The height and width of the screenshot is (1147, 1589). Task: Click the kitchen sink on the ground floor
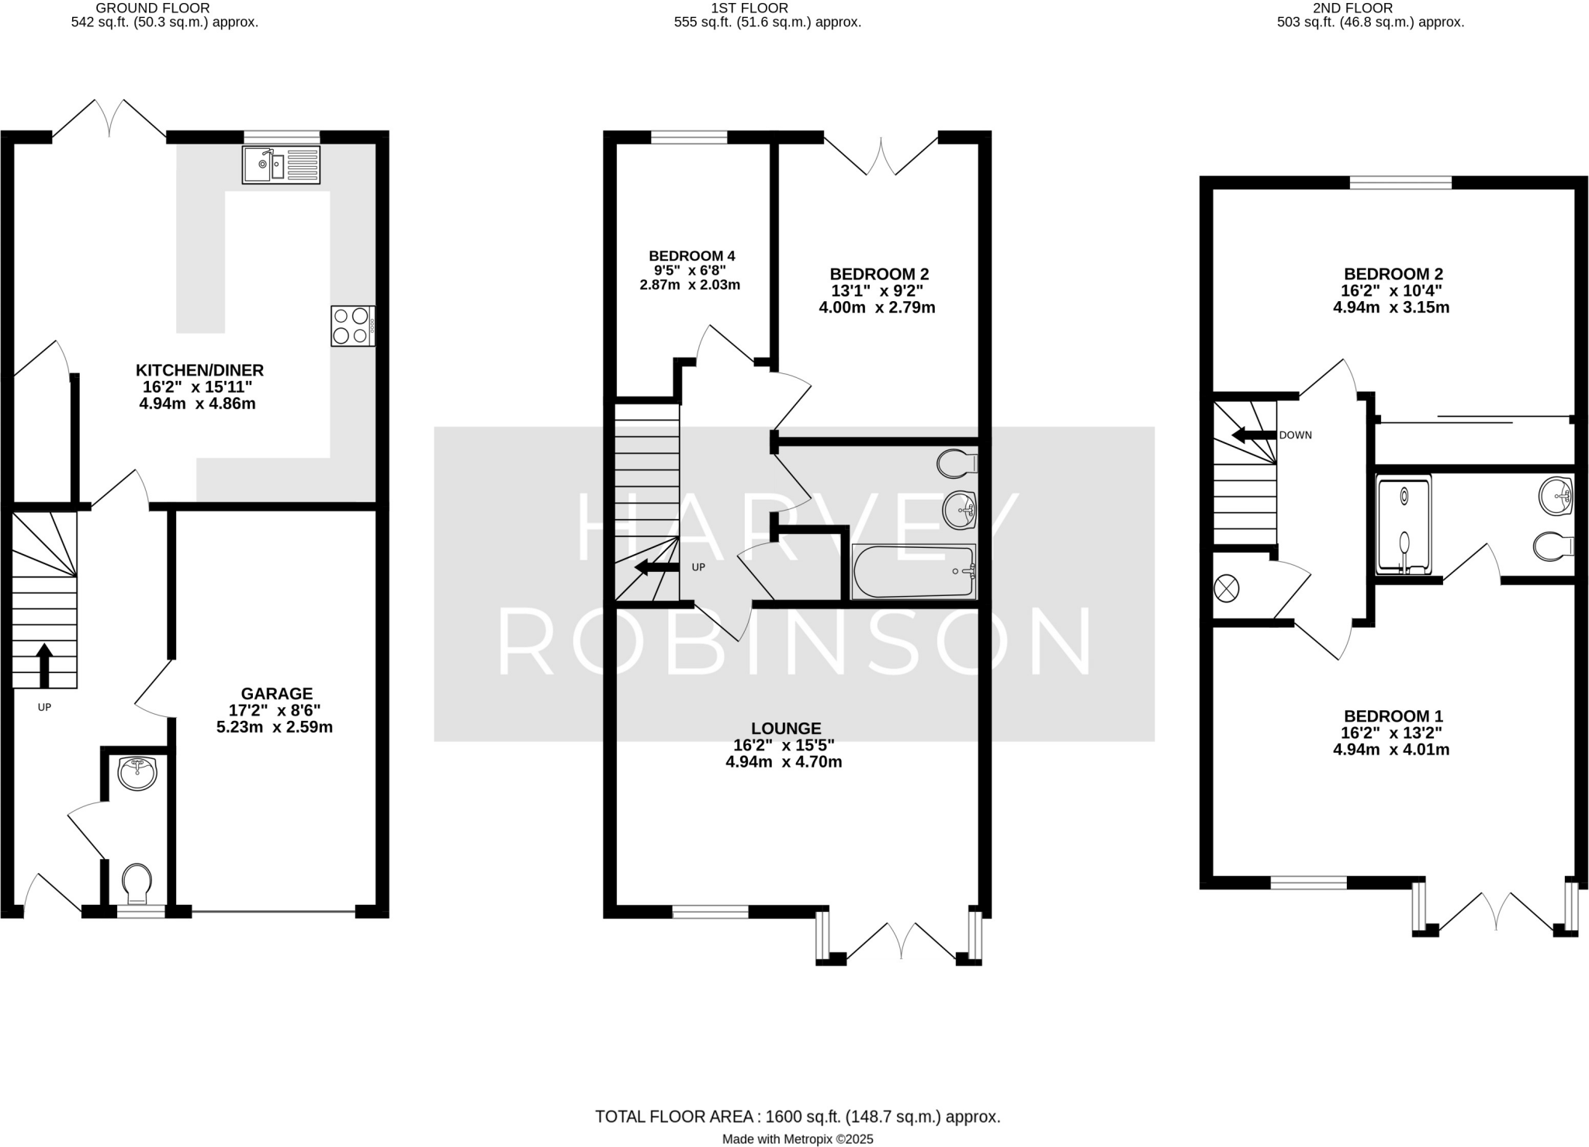tap(281, 165)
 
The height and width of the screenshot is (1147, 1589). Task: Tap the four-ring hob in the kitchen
tap(353, 326)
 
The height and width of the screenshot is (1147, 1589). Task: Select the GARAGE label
tap(277, 693)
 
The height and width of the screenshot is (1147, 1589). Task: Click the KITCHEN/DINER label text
tap(200, 370)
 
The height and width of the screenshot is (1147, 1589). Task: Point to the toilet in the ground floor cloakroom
tap(137, 883)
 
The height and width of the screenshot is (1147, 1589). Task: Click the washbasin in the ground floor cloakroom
tap(137, 773)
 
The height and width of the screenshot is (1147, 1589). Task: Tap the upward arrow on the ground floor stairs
tap(45, 665)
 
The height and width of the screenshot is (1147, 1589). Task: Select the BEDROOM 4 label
tap(692, 256)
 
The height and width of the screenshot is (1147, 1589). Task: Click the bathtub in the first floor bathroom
tap(914, 572)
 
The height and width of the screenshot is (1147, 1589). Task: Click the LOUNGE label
tap(786, 728)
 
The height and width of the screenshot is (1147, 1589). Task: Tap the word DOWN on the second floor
tap(1296, 435)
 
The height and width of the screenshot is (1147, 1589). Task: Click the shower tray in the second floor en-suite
tap(1404, 525)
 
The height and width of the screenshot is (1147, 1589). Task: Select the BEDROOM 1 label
tap(1393, 716)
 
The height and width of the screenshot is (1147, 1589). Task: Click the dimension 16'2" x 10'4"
tap(1391, 291)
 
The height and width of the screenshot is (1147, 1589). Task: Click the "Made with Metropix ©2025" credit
tap(798, 1139)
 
